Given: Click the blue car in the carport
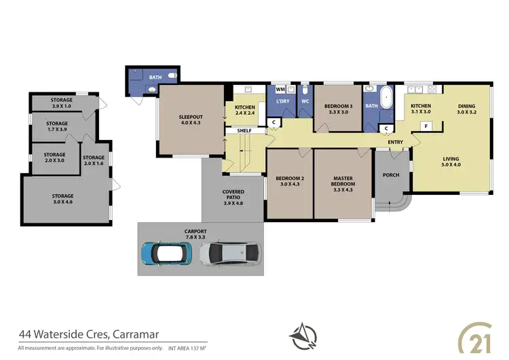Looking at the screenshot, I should pos(167,253).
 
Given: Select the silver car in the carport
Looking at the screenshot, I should pos(230,253).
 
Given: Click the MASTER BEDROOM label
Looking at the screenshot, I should pos(343,181).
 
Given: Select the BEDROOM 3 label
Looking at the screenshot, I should pos(337,109).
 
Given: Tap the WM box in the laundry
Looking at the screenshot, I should pos(280,89).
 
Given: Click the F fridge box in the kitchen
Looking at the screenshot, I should pos(426,126).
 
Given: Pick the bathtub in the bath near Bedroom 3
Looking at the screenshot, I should pos(387,98).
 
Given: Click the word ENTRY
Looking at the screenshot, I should pos(395,142).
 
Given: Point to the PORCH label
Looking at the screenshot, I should pos(391,175).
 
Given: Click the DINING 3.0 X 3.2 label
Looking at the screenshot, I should pos(467,109).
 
